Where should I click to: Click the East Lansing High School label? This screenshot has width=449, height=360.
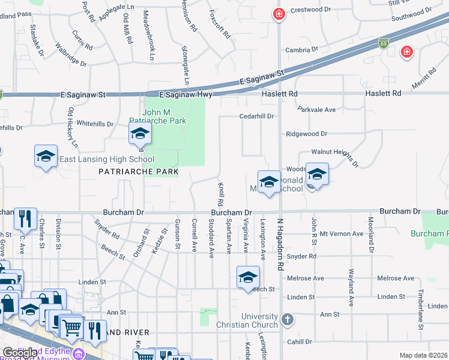[x=106, y=159]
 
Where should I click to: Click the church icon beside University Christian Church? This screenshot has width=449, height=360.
[x=288, y=318]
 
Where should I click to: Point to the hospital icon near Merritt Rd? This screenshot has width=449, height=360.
[x=407, y=52]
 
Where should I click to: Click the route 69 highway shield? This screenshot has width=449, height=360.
[x=384, y=43]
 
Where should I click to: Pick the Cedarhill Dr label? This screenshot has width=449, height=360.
[x=256, y=116]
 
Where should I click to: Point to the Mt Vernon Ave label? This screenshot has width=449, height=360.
[x=342, y=233]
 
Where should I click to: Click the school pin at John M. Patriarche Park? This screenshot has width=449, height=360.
[x=139, y=134]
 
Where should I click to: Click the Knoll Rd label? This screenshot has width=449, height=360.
[x=221, y=193]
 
